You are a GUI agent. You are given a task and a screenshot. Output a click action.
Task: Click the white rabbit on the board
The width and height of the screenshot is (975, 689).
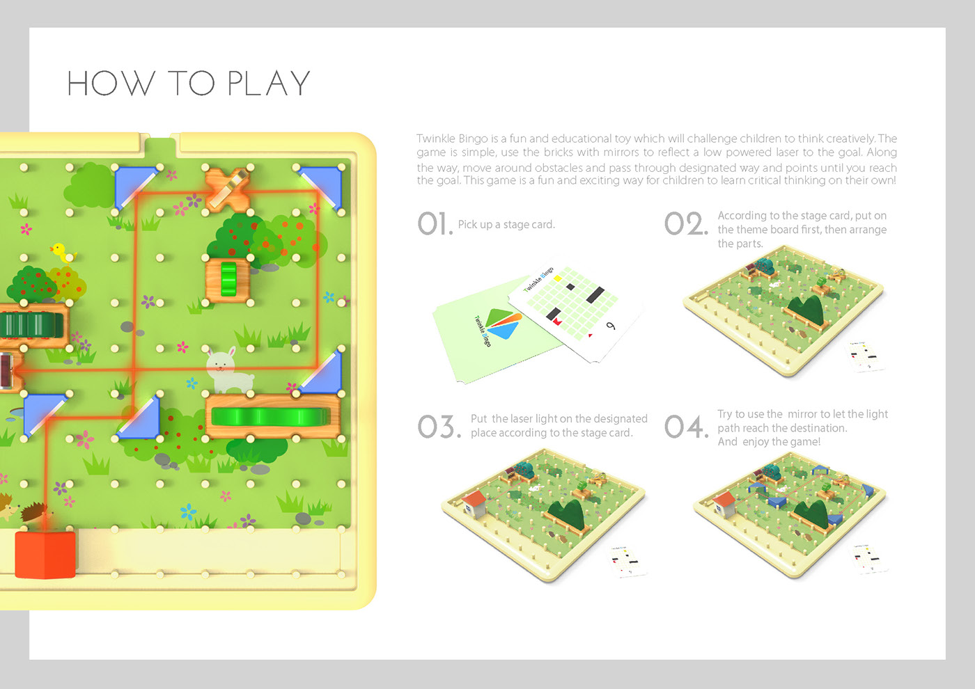(228, 370)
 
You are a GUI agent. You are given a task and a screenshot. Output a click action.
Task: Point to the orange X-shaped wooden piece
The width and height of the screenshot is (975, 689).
(227, 189)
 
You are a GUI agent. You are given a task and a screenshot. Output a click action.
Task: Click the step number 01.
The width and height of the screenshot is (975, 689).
(435, 224)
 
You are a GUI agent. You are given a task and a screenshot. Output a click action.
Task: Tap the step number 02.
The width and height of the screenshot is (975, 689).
(685, 224)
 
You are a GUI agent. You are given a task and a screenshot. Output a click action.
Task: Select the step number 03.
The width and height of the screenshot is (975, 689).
(439, 426)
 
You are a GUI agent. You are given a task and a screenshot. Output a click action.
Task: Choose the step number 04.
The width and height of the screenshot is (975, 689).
(686, 426)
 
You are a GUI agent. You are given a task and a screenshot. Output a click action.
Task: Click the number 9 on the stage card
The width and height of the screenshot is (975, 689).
(611, 326)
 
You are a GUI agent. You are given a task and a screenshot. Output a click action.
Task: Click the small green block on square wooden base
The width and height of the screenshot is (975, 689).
(228, 279)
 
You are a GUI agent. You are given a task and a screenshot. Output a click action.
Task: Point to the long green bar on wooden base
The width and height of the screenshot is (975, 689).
(271, 417)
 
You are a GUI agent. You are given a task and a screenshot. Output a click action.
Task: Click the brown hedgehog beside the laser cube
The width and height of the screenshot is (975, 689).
(34, 512)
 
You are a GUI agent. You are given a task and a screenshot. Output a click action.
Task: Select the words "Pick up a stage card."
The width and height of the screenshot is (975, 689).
(506, 224)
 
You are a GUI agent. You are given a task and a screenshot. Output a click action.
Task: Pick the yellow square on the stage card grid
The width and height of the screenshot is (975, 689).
(558, 278)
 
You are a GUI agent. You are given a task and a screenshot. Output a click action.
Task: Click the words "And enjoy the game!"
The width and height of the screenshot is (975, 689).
(769, 442)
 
